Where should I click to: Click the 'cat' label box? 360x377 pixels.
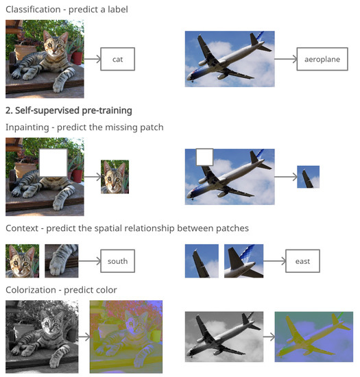click(117, 60)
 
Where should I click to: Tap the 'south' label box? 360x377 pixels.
click(117, 261)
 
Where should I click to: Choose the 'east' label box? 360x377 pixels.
click(303, 261)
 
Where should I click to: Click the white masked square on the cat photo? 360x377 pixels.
click(53, 163)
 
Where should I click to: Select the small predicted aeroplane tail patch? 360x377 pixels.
click(308, 178)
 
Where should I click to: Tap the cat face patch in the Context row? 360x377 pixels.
click(22, 261)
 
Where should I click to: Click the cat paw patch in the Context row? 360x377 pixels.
click(62, 261)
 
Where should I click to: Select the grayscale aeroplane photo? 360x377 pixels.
click(224, 336)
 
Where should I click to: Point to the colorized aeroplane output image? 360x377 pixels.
click(313, 336)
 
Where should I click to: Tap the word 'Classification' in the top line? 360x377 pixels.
click(32, 9)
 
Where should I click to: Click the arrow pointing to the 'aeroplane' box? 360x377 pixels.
click(285, 60)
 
